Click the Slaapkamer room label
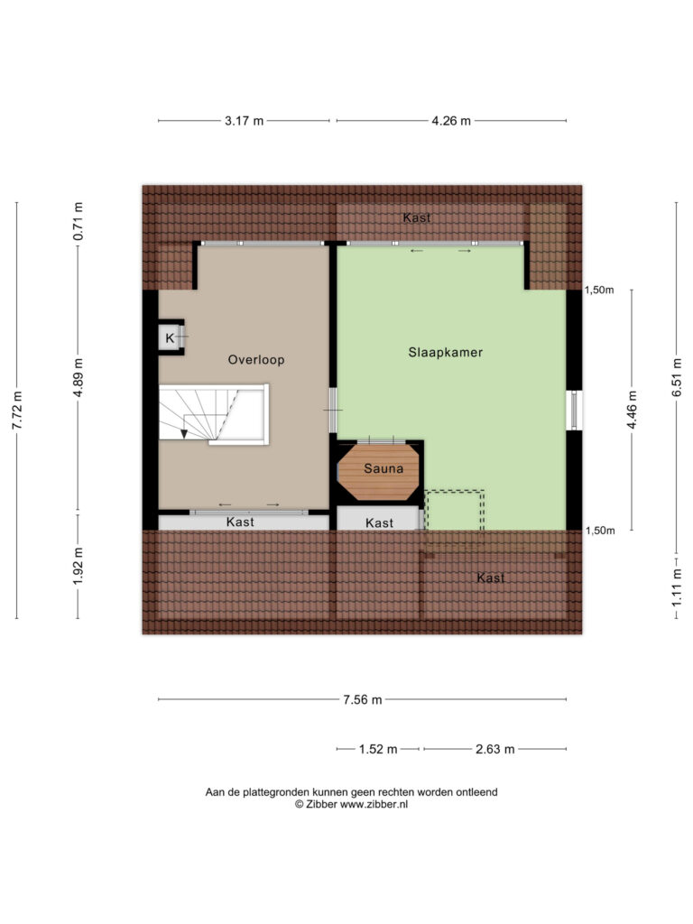tap(446, 353)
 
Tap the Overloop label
tap(256, 360)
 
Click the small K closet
tap(171, 337)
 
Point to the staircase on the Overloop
tap(213, 413)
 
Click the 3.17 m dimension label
tap(244, 121)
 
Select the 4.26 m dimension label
tap(451, 121)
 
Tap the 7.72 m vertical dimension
tap(18, 411)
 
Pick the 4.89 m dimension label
tap(79, 377)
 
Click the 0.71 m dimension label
tap(79, 221)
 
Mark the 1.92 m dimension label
tap(79, 567)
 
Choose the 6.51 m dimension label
tap(678, 377)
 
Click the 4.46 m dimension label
tap(632, 411)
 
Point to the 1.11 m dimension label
tap(678, 587)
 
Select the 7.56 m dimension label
tap(363, 699)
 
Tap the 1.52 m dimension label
tap(378, 749)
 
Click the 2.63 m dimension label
tap(495, 749)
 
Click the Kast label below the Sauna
tap(379, 522)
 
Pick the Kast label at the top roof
tap(417, 217)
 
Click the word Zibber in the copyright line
tap(321, 804)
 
